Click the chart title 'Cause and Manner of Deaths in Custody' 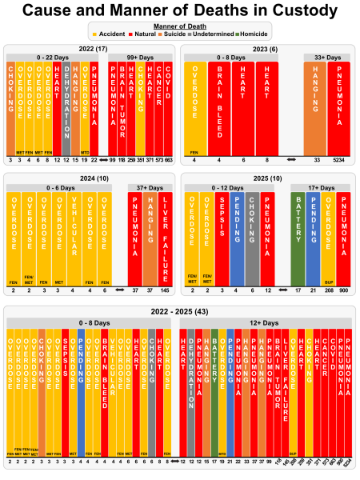(x=180, y=10)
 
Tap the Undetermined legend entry (x=215, y=35)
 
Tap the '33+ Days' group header (x=330, y=58)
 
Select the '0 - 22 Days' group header (x=54, y=58)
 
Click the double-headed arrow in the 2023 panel (x=290, y=160)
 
